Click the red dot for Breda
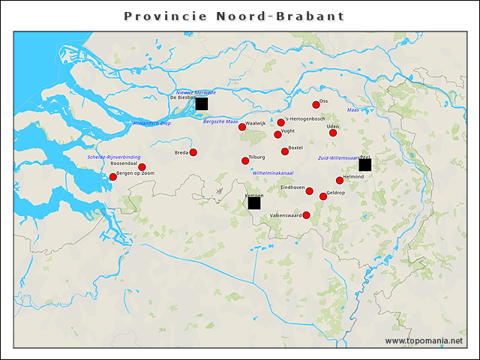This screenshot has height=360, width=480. pos(193,152)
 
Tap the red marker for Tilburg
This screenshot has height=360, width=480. pos(245,160)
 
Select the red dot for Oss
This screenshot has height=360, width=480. pos(316,105)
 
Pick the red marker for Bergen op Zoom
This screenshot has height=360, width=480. pos(113,177)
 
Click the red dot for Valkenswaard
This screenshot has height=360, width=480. pos(306,215)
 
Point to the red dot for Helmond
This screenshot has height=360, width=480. pos(340,180)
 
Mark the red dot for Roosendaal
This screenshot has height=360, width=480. pos(142,167)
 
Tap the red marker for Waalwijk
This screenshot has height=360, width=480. pos(242,127)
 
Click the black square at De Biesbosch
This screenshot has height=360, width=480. pos(201,103)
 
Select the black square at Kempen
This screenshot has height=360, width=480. pos(254,202)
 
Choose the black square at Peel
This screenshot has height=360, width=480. pos(364,165)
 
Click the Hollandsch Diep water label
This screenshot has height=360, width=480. pos(151,123)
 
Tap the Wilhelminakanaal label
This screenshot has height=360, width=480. pos(273,173)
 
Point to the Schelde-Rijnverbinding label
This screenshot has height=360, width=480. pos(113,157)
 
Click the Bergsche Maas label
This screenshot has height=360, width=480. pos(220,121)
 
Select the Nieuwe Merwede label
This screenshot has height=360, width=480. pos(196,92)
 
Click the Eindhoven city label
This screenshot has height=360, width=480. pos(292,187)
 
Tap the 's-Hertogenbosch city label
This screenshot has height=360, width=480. pos(304,118)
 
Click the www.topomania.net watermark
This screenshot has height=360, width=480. pos(423,340)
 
